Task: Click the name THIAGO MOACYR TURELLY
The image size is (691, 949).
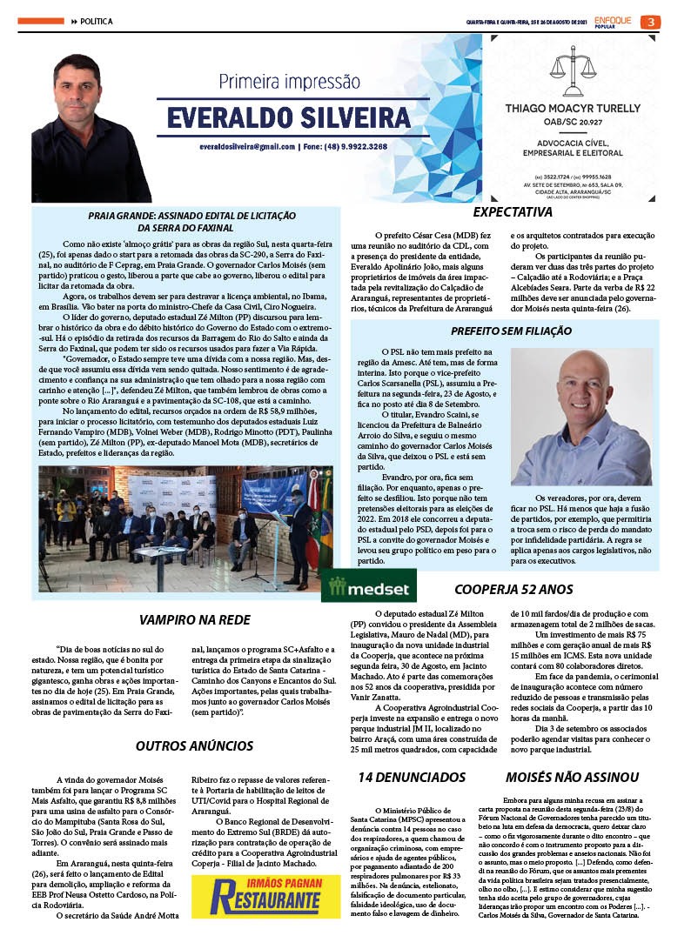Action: tap(574, 109)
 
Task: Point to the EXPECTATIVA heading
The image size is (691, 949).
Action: tap(512, 212)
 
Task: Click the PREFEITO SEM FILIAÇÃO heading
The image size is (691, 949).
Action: tap(511, 331)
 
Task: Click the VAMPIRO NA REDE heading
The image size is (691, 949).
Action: tap(191, 620)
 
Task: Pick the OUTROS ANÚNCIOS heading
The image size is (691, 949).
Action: tap(194, 745)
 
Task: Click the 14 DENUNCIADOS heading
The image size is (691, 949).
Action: tap(412, 777)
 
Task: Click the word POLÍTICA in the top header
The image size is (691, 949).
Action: tap(96, 21)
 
